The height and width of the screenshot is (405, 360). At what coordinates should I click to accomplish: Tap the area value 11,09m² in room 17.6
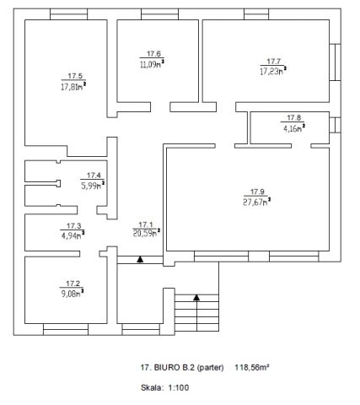[152, 63]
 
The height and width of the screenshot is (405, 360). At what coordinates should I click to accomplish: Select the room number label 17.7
[273, 61]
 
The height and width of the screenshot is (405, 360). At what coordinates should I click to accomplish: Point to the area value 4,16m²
[294, 128]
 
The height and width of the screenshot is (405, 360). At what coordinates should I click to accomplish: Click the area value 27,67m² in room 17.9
[256, 202]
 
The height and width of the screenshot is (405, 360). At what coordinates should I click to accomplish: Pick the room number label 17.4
[94, 175]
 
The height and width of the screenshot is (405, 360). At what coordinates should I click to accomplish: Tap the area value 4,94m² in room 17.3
[73, 235]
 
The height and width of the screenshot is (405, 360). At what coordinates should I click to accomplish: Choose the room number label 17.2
[73, 283]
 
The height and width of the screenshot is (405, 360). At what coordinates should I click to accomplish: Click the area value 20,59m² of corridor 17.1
[147, 233]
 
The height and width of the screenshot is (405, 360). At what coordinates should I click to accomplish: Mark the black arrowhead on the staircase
[196, 297]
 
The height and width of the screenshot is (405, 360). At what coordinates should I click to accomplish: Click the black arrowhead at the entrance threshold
[140, 259]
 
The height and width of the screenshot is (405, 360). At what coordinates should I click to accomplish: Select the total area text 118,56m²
[252, 367]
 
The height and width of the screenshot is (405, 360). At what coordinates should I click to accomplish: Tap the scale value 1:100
[179, 387]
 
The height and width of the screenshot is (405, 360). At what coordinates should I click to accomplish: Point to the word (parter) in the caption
[210, 367]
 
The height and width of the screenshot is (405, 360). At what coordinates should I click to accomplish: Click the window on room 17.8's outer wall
[336, 125]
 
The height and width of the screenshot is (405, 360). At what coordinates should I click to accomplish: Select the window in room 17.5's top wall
[69, 14]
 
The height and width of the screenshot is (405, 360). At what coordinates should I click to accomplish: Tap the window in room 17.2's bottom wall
[66, 329]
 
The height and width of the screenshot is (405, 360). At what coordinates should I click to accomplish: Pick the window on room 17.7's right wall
[336, 62]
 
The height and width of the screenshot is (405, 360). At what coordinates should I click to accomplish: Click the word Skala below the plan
[152, 387]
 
